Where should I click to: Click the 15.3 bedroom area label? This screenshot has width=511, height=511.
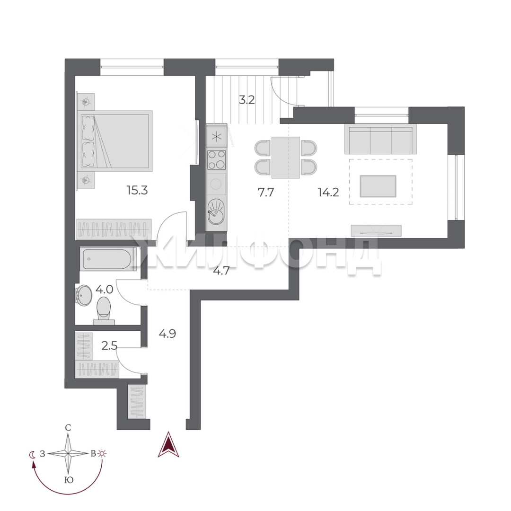(x=137, y=190)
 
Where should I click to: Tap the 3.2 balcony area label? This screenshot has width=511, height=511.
(x=247, y=100)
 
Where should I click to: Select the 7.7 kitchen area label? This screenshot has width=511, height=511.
(x=266, y=192)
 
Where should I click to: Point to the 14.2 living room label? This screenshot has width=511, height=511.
(x=328, y=192)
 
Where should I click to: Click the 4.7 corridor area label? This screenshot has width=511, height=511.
(x=221, y=271)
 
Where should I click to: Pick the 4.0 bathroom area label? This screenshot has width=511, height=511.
(x=104, y=289)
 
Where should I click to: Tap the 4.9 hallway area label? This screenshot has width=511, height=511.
(x=167, y=334)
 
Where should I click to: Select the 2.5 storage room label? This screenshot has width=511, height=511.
(x=109, y=345)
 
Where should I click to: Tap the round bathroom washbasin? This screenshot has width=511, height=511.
(x=84, y=296)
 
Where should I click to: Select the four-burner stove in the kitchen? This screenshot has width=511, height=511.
(x=216, y=160)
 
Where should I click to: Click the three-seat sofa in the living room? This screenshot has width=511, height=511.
(x=380, y=141)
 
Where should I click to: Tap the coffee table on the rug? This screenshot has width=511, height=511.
(x=378, y=186)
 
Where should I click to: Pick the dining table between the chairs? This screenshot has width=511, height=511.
(x=285, y=158)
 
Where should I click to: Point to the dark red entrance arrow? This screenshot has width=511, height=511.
(x=168, y=444)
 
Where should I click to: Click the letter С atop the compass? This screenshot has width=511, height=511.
(x=68, y=428)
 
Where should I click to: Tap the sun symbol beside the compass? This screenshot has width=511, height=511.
(x=103, y=453)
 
